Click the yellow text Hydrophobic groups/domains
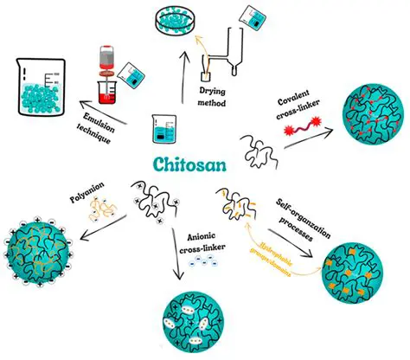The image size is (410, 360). point(268,254)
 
